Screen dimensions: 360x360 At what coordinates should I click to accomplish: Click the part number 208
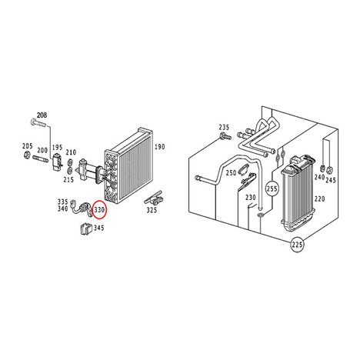click(x=42, y=115)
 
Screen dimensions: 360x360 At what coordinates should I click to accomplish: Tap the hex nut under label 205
click(x=27, y=155)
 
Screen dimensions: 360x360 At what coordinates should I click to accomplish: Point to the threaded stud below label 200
click(x=40, y=159)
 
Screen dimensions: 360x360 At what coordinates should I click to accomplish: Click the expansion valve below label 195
click(x=57, y=162)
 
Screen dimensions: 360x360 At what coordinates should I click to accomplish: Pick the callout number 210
click(x=71, y=152)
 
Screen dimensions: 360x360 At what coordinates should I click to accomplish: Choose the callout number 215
click(x=68, y=180)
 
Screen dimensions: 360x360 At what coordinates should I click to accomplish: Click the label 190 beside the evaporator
click(x=159, y=147)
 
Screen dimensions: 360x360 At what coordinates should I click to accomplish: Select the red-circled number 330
click(x=99, y=210)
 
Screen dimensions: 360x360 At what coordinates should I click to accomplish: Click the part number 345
click(x=98, y=228)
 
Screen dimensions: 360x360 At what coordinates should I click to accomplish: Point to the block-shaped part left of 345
click(x=85, y=228)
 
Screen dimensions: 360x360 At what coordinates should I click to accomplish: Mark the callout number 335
click(x=62, y=202)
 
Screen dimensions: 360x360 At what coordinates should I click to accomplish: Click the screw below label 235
click(x=225, y=136)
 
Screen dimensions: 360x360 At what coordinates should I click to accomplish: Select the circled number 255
click(x=272, y=189)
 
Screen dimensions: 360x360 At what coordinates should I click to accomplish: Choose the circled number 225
click(x=297, y=245)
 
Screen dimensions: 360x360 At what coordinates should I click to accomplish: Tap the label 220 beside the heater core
click(x=319, y=198)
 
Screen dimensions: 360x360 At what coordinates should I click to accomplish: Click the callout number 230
click(x=251, y=198)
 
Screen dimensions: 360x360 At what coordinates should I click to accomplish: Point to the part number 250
click(x=231, y=173)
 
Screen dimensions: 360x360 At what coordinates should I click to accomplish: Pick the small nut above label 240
click(x=323, y=168)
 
